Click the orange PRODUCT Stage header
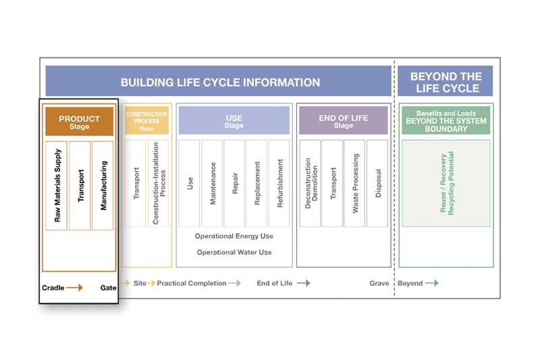79,122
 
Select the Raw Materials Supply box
57,185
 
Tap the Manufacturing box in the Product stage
103,185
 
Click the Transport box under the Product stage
80,185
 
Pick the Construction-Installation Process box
158,183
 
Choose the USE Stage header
234,120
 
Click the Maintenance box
212,183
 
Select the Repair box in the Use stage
234,183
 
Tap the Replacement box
256,183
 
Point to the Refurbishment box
279,183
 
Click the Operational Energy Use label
234,236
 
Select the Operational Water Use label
234,252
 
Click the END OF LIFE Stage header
344,120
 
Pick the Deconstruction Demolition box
310,183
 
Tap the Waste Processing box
354,183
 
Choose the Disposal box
377,183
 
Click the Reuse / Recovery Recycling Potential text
447,183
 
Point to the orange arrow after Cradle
74,287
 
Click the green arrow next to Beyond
432,283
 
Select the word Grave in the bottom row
379,283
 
